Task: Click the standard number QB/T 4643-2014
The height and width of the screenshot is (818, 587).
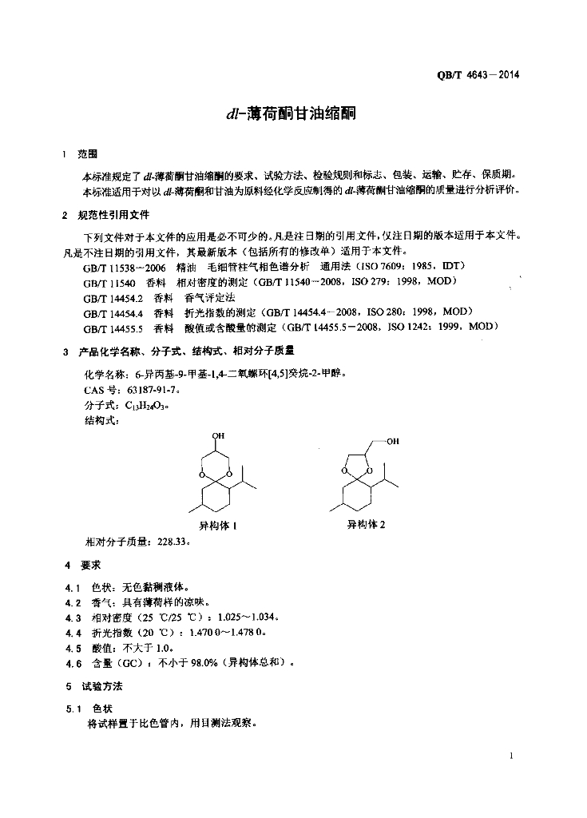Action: (479, 76)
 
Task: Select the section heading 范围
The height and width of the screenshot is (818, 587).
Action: (87, 154)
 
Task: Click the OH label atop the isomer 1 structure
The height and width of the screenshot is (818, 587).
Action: (218, 435)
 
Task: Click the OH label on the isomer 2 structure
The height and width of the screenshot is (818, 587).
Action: (392, 442)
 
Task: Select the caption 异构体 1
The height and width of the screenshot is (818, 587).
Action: (218, 526)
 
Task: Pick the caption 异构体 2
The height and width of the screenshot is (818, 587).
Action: (366, 525)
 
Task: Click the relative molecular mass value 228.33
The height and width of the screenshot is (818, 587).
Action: (173, 541)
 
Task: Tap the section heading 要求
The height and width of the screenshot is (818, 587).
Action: (90, 565)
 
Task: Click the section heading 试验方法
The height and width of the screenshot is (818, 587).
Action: (101, 686)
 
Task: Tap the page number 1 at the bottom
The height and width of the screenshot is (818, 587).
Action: (510, 756)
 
